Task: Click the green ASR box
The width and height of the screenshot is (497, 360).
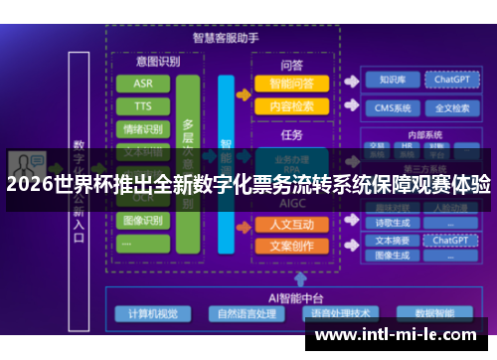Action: pyautogui.click(x=143, y=84)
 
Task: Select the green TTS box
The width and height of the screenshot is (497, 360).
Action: pyautogui.click(x=143, y=105)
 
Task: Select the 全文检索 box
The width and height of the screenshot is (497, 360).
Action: pyautogui.click(x=447, y=107)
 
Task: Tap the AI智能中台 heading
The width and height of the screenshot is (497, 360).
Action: pyautogui.click(x=267, y=296)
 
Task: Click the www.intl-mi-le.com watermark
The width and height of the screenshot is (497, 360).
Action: pyautogui.click(x=396, y=334)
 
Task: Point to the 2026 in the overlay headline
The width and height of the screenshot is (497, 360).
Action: pyautogui.click(x=28, y=184)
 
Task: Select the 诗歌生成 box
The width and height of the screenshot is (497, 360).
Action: pyautogui.click(x=389, y=223)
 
